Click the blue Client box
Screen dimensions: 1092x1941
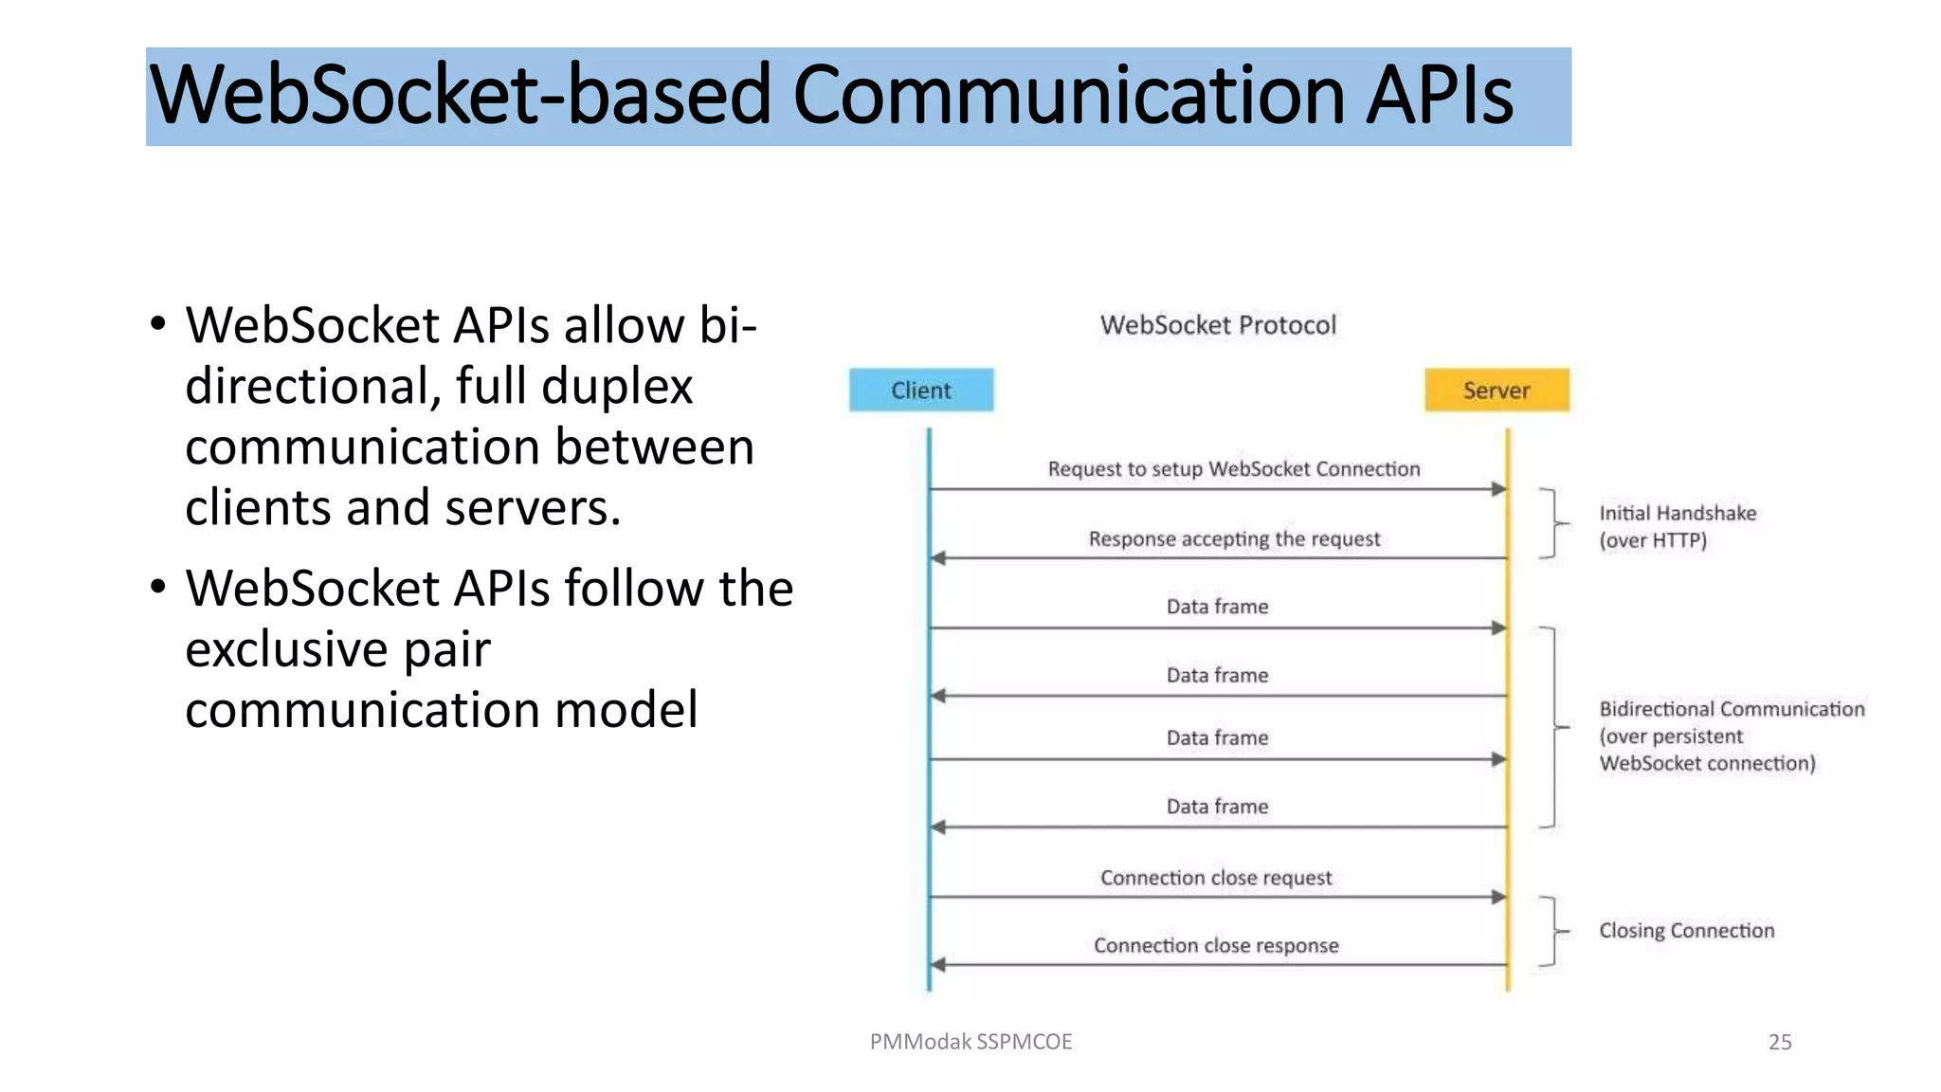(921, 390)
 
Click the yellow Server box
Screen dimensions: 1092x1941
(1497, 390)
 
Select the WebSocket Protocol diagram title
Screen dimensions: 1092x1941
(1218, 325)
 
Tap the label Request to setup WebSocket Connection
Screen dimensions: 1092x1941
(1233, 468)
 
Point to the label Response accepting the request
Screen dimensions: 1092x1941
(1234, 538)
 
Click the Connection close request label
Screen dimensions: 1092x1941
(1216, 878)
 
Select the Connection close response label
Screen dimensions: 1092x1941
(1216, 945)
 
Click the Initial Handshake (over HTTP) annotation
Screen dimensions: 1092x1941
(1677, 526)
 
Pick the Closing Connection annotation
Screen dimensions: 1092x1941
(1686, 930)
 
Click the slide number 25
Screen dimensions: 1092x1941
(1779, 1042)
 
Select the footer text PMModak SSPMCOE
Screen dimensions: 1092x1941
(970, 1042)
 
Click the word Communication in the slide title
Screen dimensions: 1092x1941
(1069, 97)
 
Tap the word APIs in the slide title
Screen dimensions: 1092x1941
(1439, 97)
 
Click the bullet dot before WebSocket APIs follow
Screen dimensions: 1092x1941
(158, 587)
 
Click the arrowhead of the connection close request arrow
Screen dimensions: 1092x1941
(1498, 897)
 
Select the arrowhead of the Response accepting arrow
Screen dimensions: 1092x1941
(938, 558)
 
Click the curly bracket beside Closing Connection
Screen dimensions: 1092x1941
(1551, 931)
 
